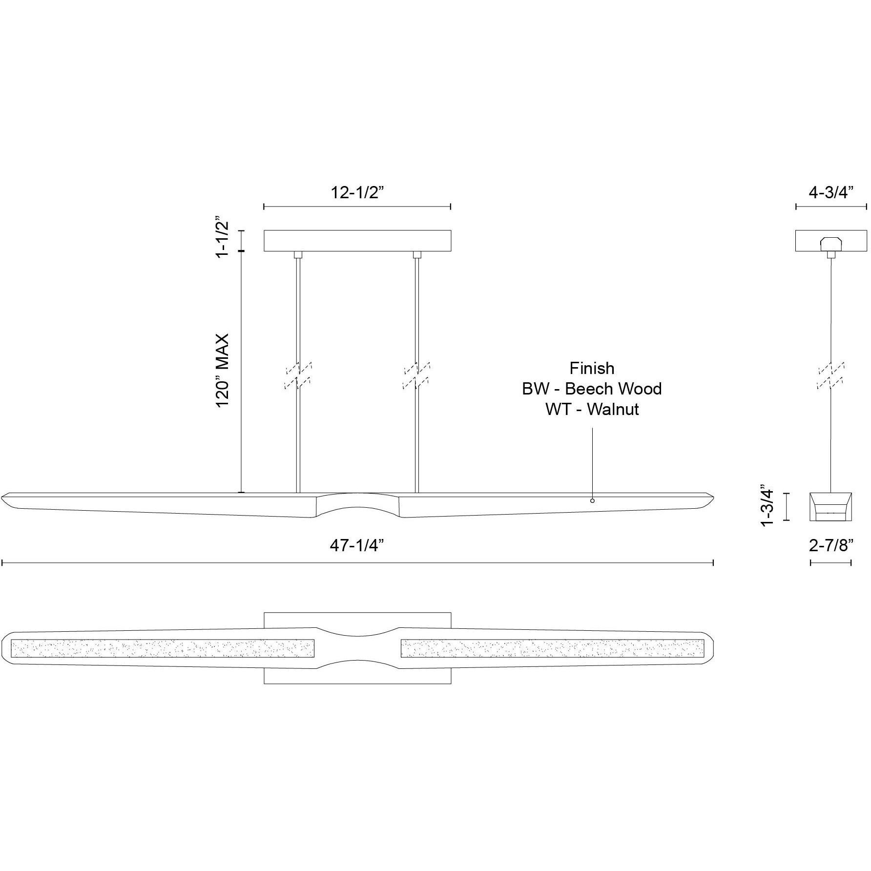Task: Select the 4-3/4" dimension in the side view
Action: [x=831, y=192]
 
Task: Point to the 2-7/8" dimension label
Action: [x=831, y=545]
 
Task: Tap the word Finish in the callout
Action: [x=592, y=368]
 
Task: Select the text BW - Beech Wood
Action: [x=592, y=389]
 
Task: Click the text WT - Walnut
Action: [x=592, y=409]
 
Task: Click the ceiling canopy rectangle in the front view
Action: [x=357, y=241]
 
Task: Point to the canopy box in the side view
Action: [x=831, y=241]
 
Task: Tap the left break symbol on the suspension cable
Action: [x=298, y=375]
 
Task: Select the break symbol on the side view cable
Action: [x=831, y=375]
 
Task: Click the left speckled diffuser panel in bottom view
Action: [x=162, y=648]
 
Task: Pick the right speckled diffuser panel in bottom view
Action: [x=552, y=648]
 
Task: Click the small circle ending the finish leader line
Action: [x=592, y=501]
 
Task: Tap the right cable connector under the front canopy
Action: [x=416, y=255]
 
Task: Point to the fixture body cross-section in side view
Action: [x=831, y=507]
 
